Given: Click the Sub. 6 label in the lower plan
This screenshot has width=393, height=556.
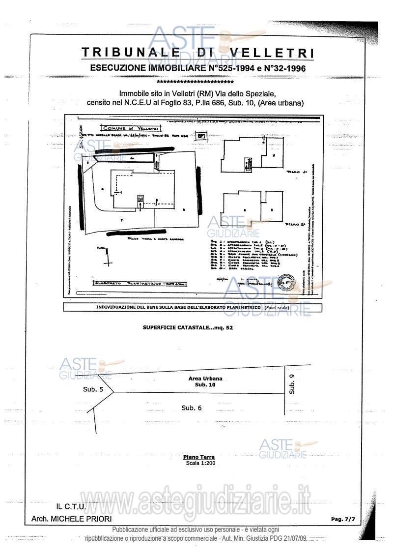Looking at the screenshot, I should click(x=191, y=408).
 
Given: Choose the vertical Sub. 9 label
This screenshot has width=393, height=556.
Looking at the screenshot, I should click(x=292, y=384).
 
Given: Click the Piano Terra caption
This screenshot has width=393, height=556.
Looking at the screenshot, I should click(x=198, y=457).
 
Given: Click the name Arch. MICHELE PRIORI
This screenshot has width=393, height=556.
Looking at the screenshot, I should click(x=71, y=519).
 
